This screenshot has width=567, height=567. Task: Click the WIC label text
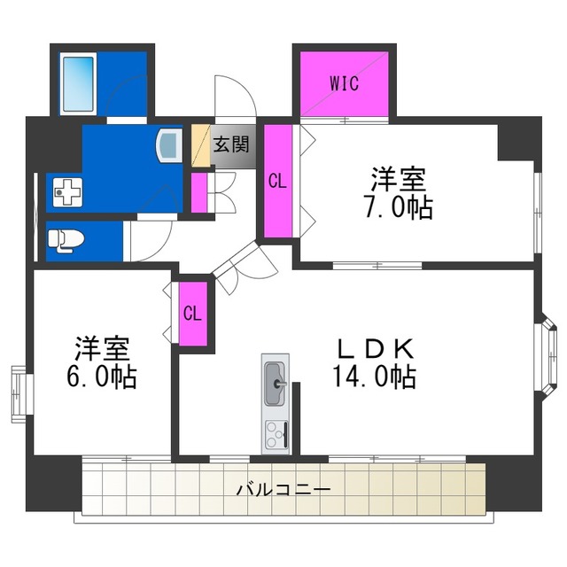pos(344,84)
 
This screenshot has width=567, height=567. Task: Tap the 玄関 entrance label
pos(234,143)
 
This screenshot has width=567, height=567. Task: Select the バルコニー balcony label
pos(283,489)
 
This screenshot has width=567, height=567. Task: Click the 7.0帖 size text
pos(398,207)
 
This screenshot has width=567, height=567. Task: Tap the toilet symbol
pos(66,238)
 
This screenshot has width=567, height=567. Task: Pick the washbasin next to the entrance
pos(168,144)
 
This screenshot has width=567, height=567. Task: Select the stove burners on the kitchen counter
pos(276,434)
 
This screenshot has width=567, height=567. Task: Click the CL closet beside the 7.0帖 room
pos(277,182)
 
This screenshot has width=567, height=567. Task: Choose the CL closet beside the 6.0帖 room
pos(193,314)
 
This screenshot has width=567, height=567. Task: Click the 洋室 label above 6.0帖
pos(100,346)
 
